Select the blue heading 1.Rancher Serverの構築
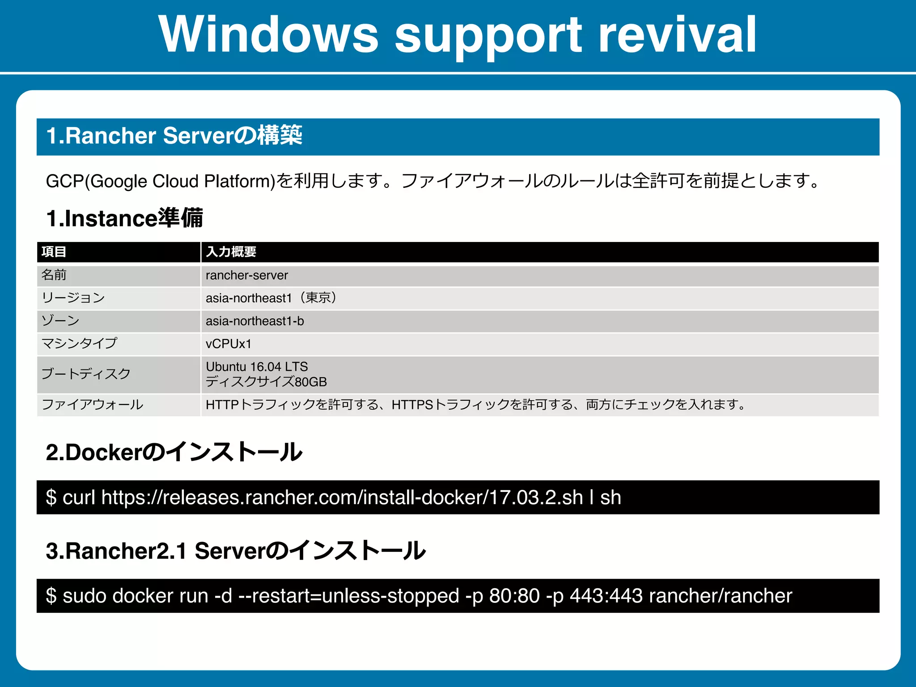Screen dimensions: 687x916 tap(174, 136)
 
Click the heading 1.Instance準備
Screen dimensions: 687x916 tap(125, 218)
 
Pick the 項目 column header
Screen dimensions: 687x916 tap(54, 252)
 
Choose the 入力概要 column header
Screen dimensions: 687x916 tap(231, 252)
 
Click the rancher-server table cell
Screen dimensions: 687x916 tap(247, 275)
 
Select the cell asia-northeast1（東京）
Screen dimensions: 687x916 tap(271, 298)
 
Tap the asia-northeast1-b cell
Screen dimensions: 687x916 tap(255, 321)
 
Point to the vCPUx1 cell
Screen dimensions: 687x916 tap(229, 344)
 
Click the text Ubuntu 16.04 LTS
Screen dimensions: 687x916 tap(257, 367)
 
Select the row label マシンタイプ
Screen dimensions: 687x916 tap(79, 343)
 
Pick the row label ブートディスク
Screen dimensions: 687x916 tap(86, 374)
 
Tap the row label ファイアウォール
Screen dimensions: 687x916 tap(93, 405)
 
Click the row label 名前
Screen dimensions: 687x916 tap(54, 275)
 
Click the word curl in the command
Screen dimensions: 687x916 tap(79, 498)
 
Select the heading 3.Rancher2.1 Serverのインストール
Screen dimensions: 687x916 tap(236, 551)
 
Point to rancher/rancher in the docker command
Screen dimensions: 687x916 tap(720, 596)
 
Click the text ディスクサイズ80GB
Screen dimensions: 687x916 tap(267, 382)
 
